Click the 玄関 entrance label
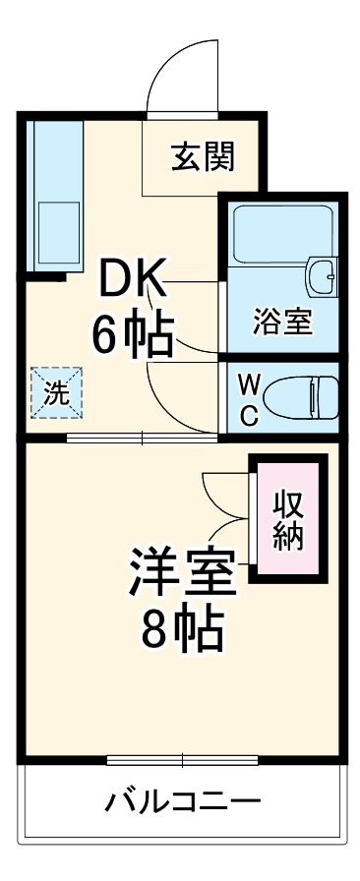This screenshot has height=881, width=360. [x=204, y=157]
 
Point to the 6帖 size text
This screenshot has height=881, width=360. [x=134, y=335]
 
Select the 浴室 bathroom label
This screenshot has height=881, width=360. [x=282, y=322]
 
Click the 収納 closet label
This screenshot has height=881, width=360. [x=287, y=520]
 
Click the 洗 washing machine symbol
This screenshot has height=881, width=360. [x=57, y=394]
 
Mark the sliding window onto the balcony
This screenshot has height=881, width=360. [x=181, y=760]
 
